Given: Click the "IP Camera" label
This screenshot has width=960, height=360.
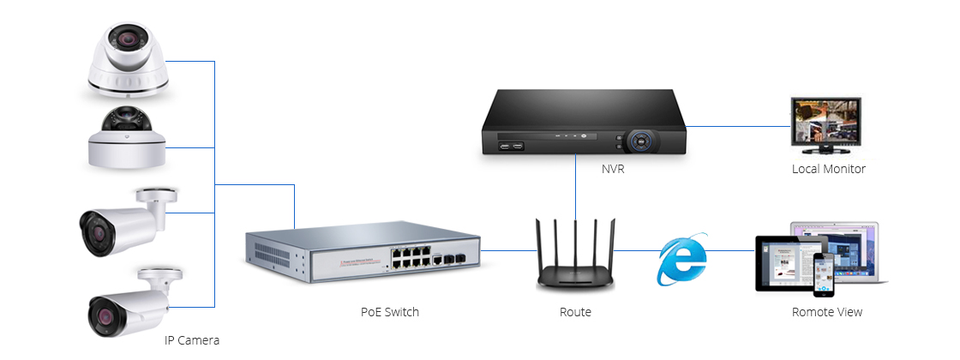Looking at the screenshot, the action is [192, 340].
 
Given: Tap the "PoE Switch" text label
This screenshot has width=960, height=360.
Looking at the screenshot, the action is [389, 312].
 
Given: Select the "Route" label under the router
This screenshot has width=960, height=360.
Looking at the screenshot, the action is [575, 312].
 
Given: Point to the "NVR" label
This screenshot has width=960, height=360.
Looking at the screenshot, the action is [613, 169].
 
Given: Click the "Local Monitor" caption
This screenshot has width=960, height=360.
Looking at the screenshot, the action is [828, 169].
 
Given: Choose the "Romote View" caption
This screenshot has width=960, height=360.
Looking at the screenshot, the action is [826, 312].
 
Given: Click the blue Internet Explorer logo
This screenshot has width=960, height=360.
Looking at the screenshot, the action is [681, 258].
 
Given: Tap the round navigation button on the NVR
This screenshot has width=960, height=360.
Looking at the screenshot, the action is [641, 141].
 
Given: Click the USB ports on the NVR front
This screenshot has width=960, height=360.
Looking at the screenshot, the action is [511, 146].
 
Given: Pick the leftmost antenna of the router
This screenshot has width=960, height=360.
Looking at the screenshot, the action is [540, 248].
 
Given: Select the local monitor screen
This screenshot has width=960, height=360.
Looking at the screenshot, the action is [825, 123].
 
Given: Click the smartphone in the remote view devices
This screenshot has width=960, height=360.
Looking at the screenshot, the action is [822, 273].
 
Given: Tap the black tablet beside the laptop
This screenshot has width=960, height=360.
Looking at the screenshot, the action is [783, 263].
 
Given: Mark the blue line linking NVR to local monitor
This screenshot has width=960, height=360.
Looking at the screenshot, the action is [738, 126].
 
